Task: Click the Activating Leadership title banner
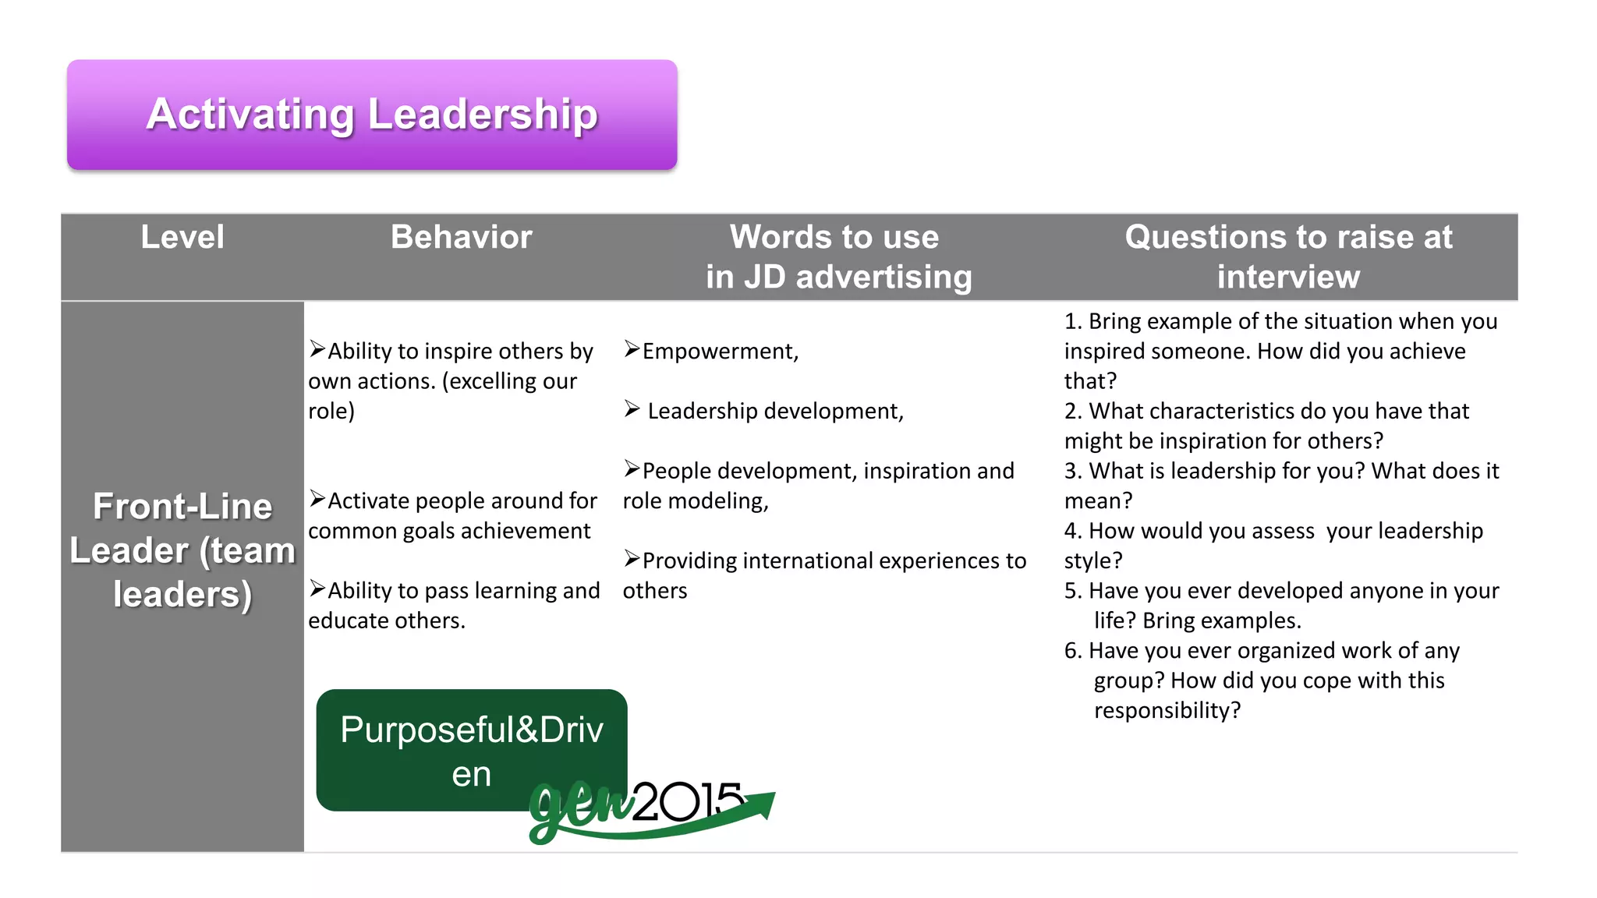click(372, 115)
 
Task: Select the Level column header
click(182, 237)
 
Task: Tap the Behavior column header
click(461, 237)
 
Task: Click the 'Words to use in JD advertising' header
click(837, 256)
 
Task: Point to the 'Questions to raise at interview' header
click(1288, 256)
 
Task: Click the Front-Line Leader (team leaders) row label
click(182, 550)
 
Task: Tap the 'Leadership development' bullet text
click(775, 411)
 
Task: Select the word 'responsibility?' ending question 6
click(1167, 710)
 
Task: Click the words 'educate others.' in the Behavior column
click(387, 620)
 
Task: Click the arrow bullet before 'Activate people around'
click(317, 499)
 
